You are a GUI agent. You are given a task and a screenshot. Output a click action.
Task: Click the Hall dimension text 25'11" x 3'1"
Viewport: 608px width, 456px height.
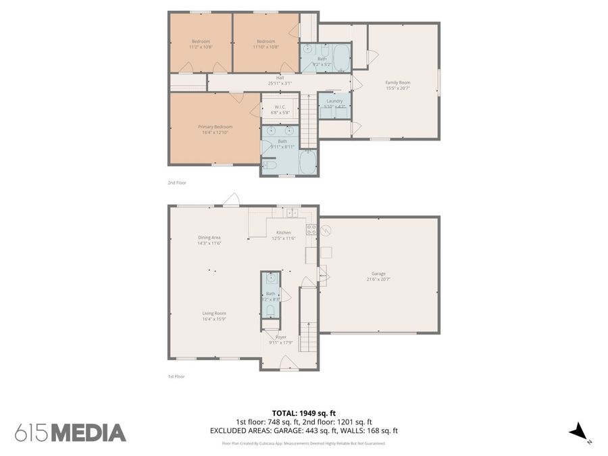[280, 83]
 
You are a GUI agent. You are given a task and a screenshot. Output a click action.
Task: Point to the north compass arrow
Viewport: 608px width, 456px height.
[579, 432]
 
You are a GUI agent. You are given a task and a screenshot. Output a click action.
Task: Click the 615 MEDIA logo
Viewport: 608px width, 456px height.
[70, 432]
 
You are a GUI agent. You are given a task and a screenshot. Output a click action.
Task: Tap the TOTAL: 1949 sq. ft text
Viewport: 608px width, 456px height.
[303, 412]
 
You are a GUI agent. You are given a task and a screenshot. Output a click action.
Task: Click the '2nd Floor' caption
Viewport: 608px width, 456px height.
[176, 183]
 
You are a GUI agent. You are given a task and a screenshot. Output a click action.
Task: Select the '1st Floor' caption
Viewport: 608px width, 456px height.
[176, 376]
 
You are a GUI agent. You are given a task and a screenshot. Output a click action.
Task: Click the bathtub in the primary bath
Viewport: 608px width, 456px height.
[307, 162]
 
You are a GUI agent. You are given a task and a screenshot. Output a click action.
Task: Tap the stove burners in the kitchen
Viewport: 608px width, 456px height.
[311, 229]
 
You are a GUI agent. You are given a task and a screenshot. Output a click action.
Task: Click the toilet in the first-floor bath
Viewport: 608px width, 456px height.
[270, 310]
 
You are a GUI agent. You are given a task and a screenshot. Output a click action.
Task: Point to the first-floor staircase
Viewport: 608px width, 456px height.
[308, 324]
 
